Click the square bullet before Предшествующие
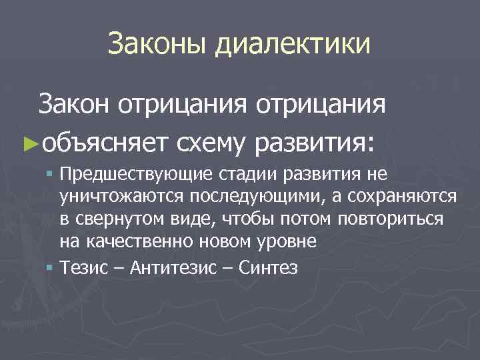point(51,175)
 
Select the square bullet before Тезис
point(51,267)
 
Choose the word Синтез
point(270,267)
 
